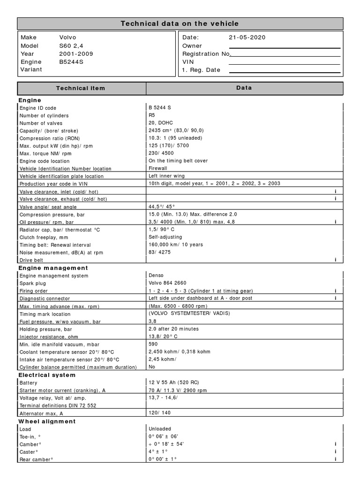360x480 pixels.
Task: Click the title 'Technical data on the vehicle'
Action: [180, 23]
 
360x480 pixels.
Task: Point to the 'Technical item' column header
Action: [81, 88]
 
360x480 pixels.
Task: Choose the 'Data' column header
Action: [244, 88]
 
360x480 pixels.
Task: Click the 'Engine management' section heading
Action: [53, 268]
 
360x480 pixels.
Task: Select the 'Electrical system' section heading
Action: [47, 375]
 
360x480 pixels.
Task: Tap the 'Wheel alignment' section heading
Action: [47, 421]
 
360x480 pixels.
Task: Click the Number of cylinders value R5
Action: [152, 115]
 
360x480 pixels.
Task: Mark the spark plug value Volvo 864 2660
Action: [167, 283]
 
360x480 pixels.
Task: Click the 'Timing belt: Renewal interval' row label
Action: [55, 245]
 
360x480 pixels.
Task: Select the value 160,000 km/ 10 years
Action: [176, 245]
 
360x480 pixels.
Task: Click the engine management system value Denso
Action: [156, 276]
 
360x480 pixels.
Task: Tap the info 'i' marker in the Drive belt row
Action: [336, 260]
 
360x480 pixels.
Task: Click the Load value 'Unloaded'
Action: [160, 429]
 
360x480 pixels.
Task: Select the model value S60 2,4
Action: [71, 46]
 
